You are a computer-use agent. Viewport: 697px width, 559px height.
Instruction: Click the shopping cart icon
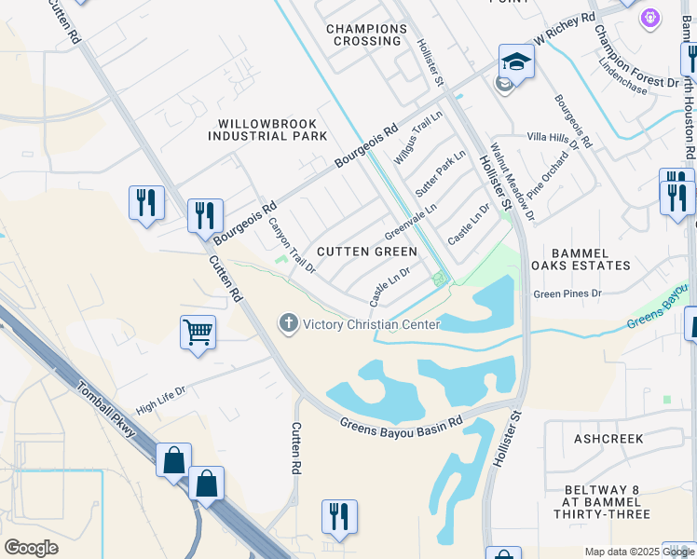[198, 332]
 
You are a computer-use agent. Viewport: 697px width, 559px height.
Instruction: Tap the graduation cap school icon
[515, 61]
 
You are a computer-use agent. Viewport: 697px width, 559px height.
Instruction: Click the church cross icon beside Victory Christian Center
[289, 323]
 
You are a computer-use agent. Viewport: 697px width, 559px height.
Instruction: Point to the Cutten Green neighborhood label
[367, 252]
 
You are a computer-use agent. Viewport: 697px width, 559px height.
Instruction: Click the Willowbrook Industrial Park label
[267, 130]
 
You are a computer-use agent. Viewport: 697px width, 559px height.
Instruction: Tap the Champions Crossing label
[366, 34]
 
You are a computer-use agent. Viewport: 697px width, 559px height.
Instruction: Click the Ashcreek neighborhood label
[603, 437]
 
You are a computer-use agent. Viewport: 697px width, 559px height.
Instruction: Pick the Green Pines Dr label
[567, 293]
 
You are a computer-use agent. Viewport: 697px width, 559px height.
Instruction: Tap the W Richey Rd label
[564, 30]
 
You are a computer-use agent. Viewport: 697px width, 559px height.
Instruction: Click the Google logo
[32, 547]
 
